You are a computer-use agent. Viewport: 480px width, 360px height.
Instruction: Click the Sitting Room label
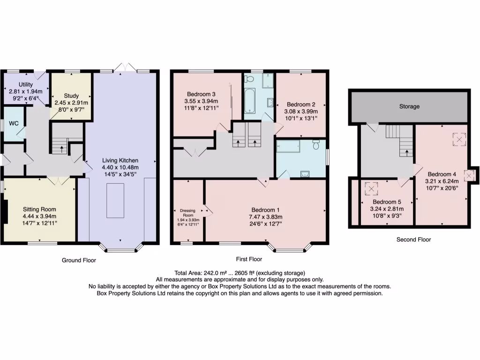[39, 210]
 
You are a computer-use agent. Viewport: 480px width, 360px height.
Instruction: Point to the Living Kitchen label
[120, 161]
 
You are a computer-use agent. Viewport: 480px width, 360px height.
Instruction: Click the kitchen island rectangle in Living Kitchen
[115, 201]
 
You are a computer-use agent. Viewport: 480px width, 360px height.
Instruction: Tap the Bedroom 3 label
[201, 93]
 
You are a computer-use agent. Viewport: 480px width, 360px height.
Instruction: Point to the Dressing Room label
[187, 212]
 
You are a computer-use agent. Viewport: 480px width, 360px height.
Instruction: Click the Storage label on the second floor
[409, 106]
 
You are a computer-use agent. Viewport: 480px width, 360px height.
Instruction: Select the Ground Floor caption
[79, 260]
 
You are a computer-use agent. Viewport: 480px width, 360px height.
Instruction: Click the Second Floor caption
[413, 240]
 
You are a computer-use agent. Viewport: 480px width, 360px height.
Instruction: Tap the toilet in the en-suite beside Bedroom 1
[316, 146]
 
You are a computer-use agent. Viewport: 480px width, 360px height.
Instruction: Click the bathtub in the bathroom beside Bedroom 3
[249, 101]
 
